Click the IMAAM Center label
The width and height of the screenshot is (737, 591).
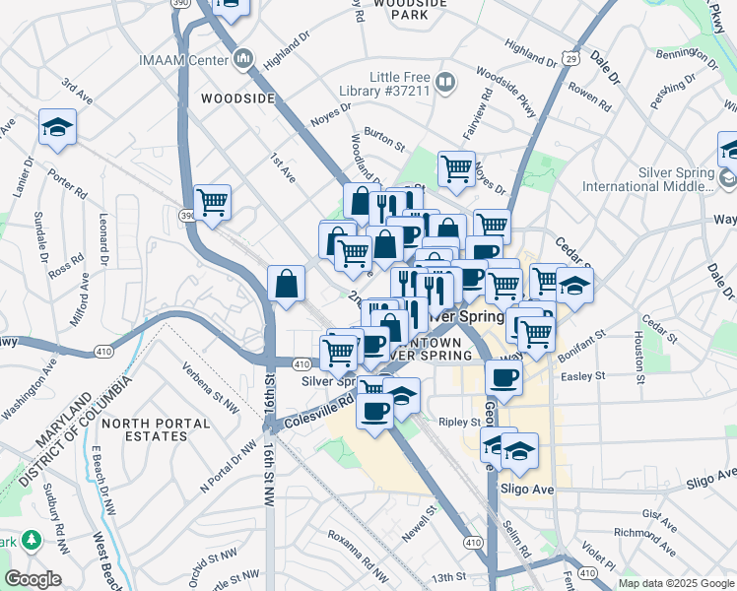tap(184, 60)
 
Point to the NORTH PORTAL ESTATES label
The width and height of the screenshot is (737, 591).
tap(169, 430)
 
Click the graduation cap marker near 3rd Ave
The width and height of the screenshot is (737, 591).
tap(57, 128)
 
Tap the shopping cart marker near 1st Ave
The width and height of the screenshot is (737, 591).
tap(213, 204)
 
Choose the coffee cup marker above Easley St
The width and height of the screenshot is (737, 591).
tap(503, 377)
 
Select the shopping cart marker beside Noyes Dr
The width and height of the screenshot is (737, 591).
tap(456, 169)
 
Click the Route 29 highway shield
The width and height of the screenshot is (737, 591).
tap(570, 59)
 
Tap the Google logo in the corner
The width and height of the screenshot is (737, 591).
tap(33, 579)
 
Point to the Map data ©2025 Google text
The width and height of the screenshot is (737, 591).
tap(676, 583)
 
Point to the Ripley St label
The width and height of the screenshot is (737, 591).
tap(459, 422)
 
